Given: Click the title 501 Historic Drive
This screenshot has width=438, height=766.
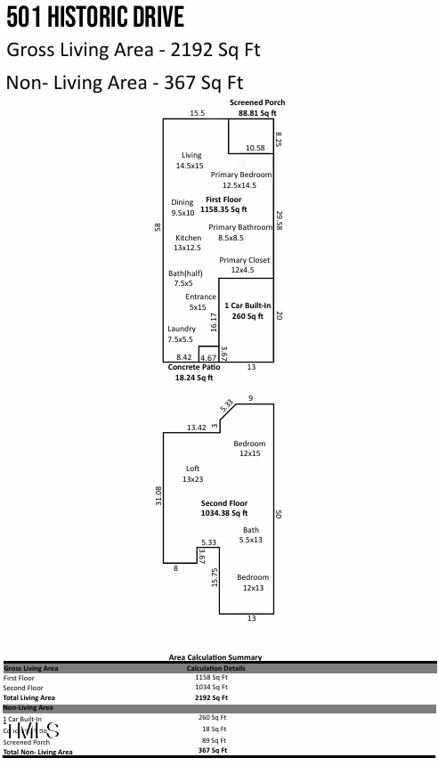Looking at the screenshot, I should [95, 17].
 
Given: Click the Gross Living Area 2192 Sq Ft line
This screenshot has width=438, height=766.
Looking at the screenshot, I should [133, 50].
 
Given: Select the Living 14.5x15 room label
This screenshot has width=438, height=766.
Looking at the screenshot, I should [190, 160].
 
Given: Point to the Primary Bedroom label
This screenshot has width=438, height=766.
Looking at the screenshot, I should [240, 180].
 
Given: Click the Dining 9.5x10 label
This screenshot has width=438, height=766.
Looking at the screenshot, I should [182, 208].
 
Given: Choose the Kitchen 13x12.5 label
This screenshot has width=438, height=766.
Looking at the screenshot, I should [188, 243].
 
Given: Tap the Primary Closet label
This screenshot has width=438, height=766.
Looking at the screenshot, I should [244, 265].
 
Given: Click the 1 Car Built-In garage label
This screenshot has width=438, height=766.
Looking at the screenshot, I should [247, 311].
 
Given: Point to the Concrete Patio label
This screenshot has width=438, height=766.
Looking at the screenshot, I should [193, 371].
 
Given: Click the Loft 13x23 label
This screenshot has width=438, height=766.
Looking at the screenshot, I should [192, 474].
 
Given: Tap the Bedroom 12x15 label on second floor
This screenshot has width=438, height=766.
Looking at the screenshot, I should [249, 448].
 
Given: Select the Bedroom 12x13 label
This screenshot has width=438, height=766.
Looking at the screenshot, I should [252, 583].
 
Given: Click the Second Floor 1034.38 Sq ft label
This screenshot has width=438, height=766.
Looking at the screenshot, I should [223, 508].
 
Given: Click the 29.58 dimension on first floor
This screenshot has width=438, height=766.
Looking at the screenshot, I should [279, 221].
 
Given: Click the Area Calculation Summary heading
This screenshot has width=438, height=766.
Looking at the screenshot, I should [215, 657].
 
